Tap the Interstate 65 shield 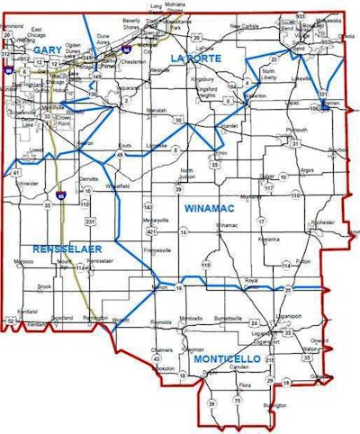point(59,194)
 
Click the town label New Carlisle point(244,26)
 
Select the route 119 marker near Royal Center point(206,266)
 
